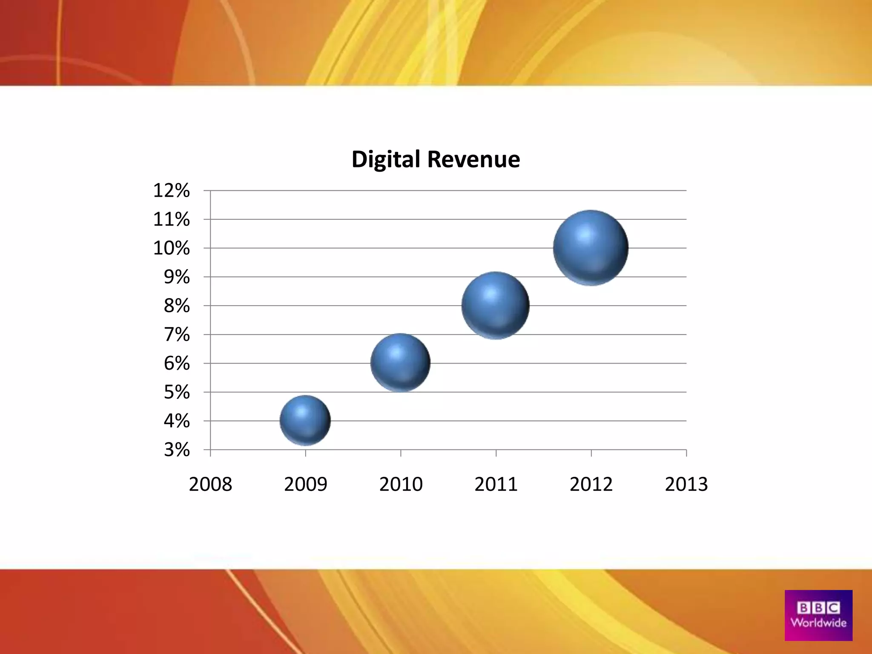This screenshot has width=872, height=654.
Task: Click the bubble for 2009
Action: pos(305,420)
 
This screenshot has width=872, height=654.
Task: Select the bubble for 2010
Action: pos(400,363)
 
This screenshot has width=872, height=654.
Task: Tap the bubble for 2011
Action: pos(496,305)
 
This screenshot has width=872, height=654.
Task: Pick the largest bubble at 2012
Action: pos(591,248)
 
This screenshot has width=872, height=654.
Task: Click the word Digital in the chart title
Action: pos(386,160)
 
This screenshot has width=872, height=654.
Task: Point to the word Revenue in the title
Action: pos(473,160)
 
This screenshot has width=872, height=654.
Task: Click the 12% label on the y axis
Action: pos(171,190)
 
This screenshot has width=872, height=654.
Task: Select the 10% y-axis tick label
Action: pos(171,248)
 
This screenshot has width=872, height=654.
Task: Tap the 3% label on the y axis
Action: pos(177,450)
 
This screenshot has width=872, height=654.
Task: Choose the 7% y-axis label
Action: pos(177,335)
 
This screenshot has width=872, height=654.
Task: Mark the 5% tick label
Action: pos(177,392)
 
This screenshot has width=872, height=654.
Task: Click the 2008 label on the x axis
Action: pos(210,485)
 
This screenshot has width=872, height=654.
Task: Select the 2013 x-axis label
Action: pos(686,485)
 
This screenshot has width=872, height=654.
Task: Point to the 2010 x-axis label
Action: pos(401,485)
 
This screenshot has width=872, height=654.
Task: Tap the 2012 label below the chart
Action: pos(591,485)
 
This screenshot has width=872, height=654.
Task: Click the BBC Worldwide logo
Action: pos(818,615)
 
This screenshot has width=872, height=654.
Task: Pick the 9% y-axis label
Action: pos(177,277)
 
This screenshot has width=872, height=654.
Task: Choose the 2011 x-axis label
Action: pos(496,485)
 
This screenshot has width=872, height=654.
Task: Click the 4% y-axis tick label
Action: pos(177,421)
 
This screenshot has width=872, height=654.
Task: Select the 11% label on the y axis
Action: pos(171,219)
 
